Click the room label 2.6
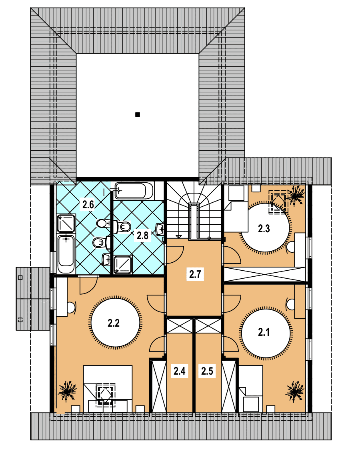coord(88,204)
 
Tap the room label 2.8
coord(142,235)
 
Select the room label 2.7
coord(195,274)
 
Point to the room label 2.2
coord(114,323)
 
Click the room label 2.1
coord(264,332)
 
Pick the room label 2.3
coord(264,229)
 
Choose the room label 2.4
coord(179,371)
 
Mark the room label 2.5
coord(207,371)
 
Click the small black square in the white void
coord(138,114)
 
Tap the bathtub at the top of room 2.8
coord(134,191)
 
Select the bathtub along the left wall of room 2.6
coord(66,254)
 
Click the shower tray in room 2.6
coord(66,223)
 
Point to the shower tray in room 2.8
coord(123,265)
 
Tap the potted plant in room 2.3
coord(296,195)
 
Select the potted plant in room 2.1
coord(295,391)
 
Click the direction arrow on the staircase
coord(179,236)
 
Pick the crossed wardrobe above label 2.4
coord(180,326)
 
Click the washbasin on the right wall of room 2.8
coord(160,229)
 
